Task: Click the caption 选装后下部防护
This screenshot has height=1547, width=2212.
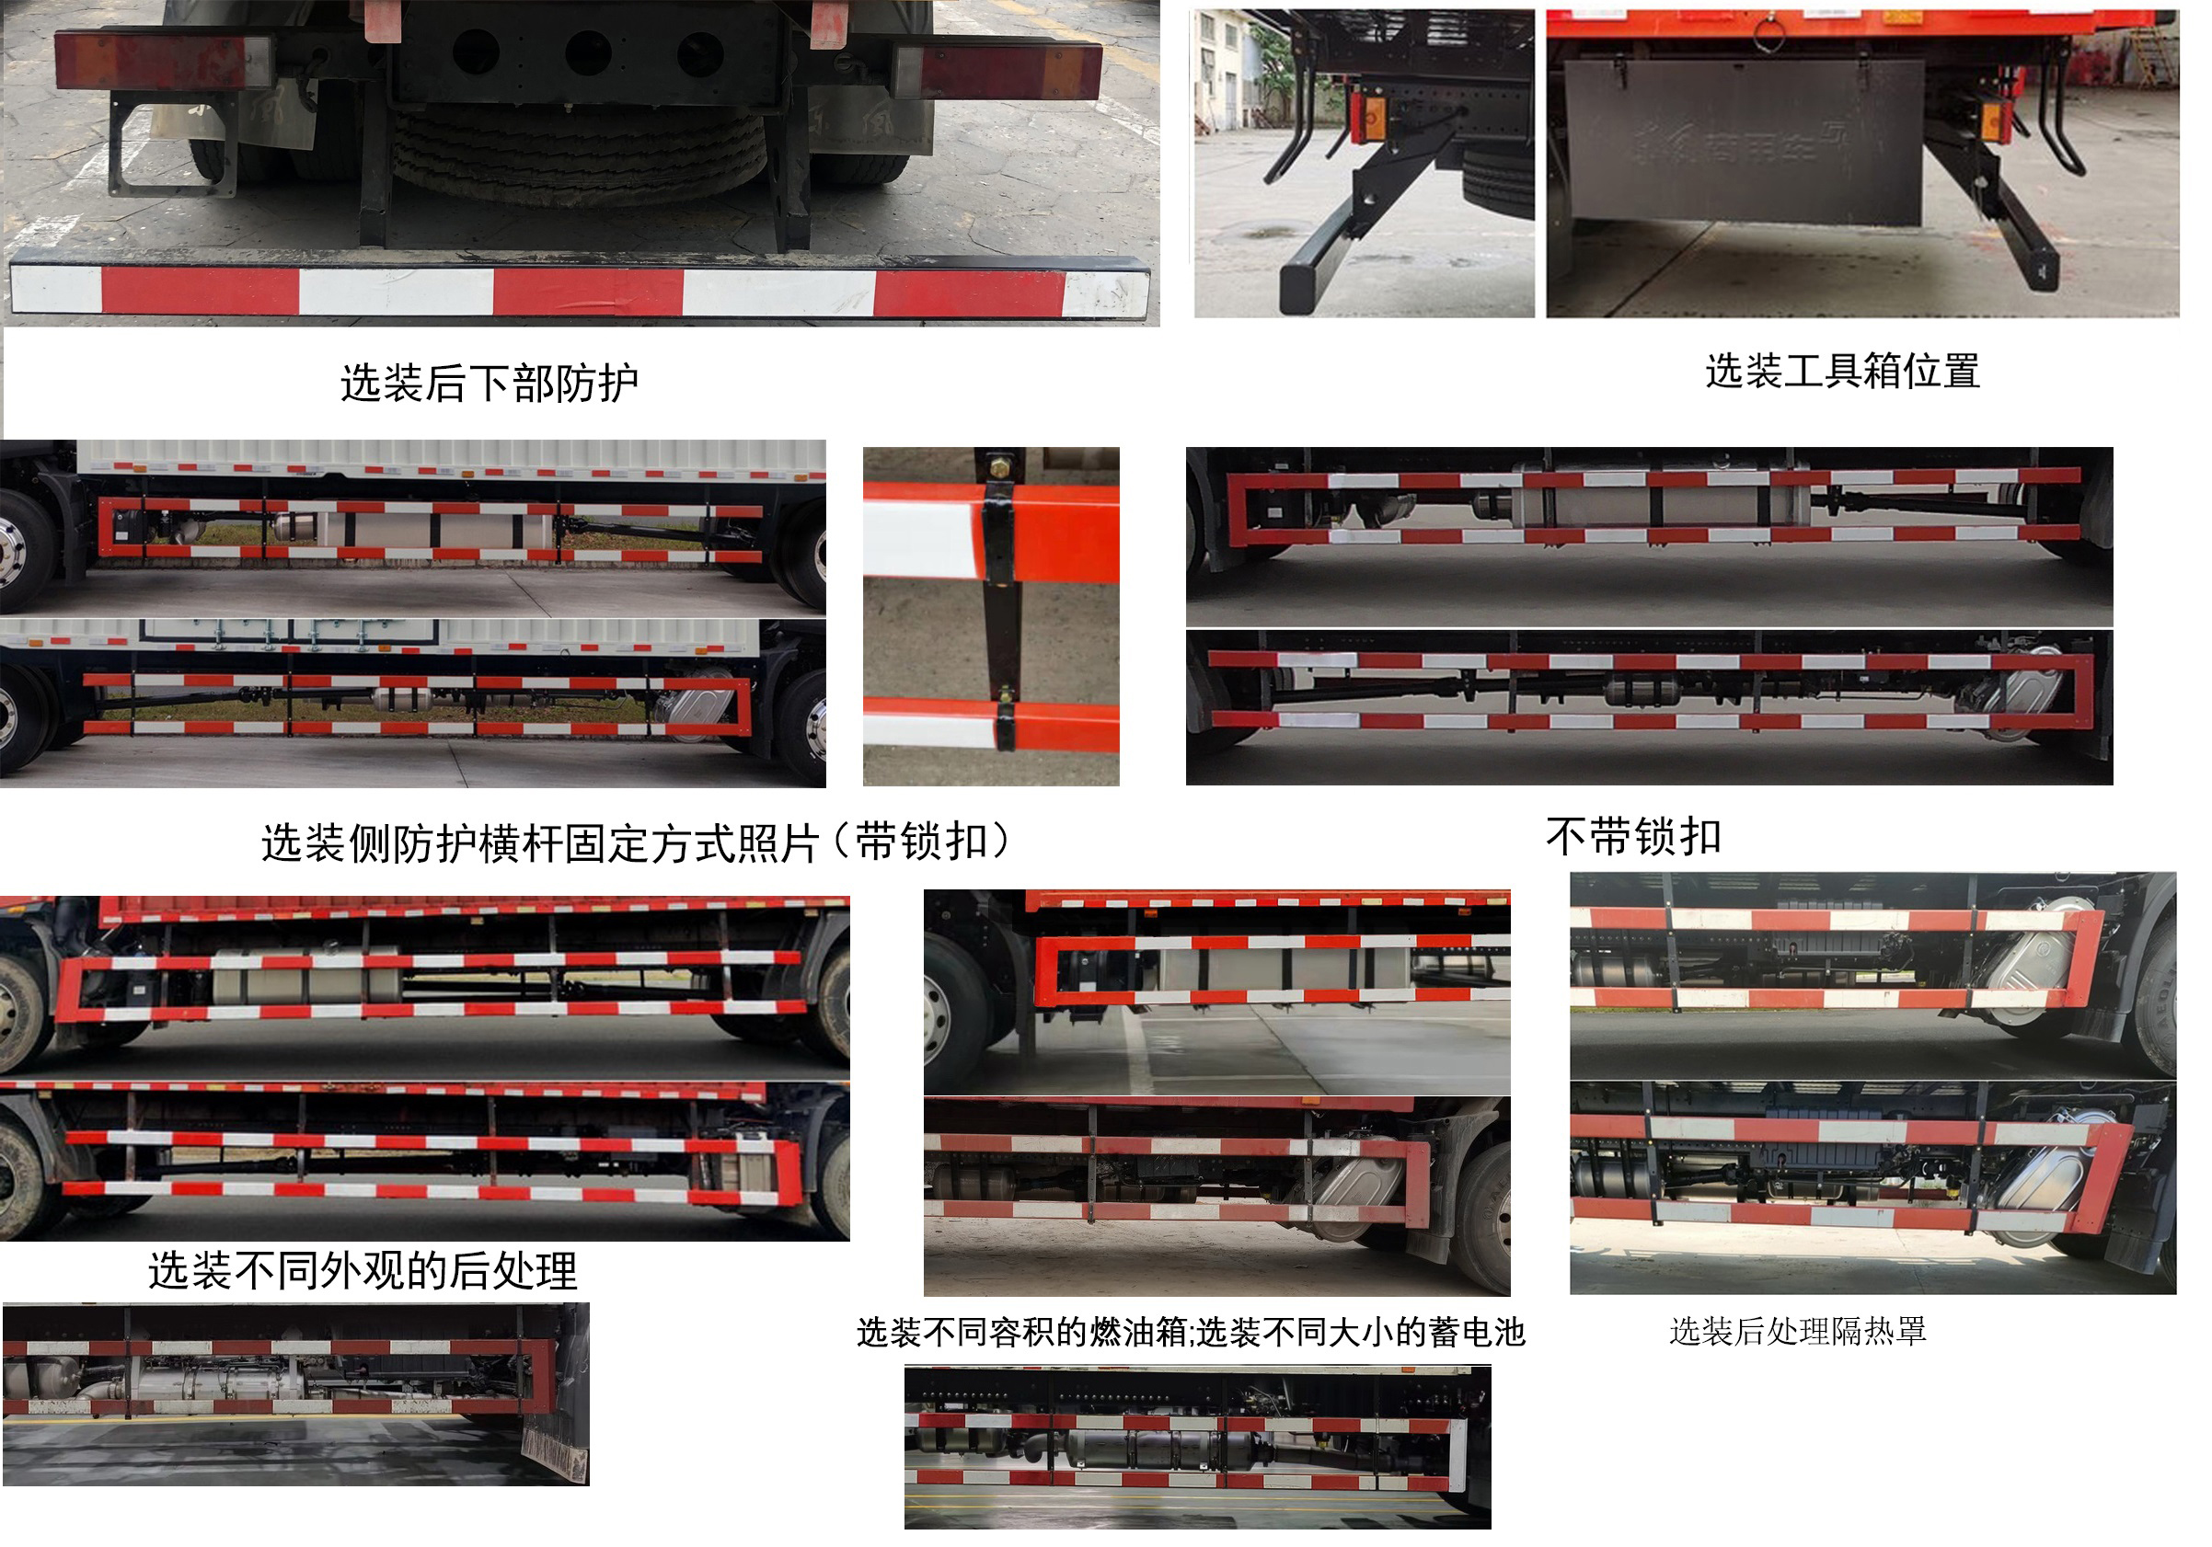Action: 489,384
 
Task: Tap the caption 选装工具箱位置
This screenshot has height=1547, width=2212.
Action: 1842,372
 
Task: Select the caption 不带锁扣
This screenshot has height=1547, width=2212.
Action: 1633,836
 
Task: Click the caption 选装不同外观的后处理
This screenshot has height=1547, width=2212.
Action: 363,1270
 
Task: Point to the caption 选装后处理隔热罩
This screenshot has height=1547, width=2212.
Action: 1797,1331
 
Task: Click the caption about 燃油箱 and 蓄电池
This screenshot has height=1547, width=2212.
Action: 1190,1332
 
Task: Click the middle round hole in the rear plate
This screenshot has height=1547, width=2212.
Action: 588,52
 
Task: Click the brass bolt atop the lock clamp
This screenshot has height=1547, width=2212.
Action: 999,470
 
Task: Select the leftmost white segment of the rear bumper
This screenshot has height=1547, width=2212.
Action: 56,289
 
